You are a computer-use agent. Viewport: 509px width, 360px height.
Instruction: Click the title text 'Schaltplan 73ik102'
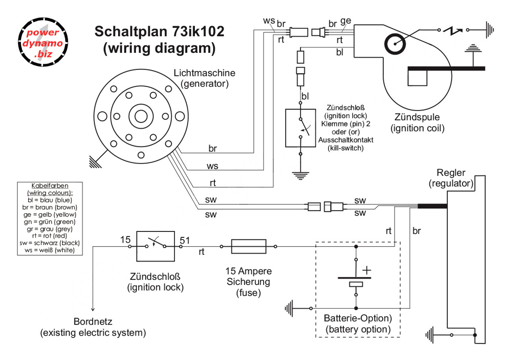pyautogui.click(x=159, y=31)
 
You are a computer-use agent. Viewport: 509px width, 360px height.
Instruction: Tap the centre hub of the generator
pyautogui.click(x=140, y=116)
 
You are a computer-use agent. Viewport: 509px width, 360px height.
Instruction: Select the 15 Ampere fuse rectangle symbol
pyautogui.click(x=249, y=246)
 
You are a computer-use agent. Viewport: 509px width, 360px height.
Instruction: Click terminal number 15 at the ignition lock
pyautogui.click(x=126, y=240)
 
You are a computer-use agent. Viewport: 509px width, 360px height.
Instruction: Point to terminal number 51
pyautogui.click(x=185, y=240)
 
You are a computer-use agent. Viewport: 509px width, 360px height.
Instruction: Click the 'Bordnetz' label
pyautogui.click(x=93, y=321)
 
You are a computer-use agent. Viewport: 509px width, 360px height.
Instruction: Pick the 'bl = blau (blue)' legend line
pyautogui.click(x=50, y=200)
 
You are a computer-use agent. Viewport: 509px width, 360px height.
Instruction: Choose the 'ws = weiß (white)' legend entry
pyautogui.click(x=50, y=250)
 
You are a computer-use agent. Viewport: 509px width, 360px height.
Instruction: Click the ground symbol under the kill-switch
pyautogui.click(x=301, y=174)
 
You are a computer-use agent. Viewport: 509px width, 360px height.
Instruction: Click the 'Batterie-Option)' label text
pyautogui.click(x=358, y=319)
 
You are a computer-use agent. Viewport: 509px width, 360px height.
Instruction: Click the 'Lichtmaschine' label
pyautogui.click(x=204, y=73)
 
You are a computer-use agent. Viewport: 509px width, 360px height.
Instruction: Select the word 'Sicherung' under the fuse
pyautogui.click(x=248, y=282)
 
